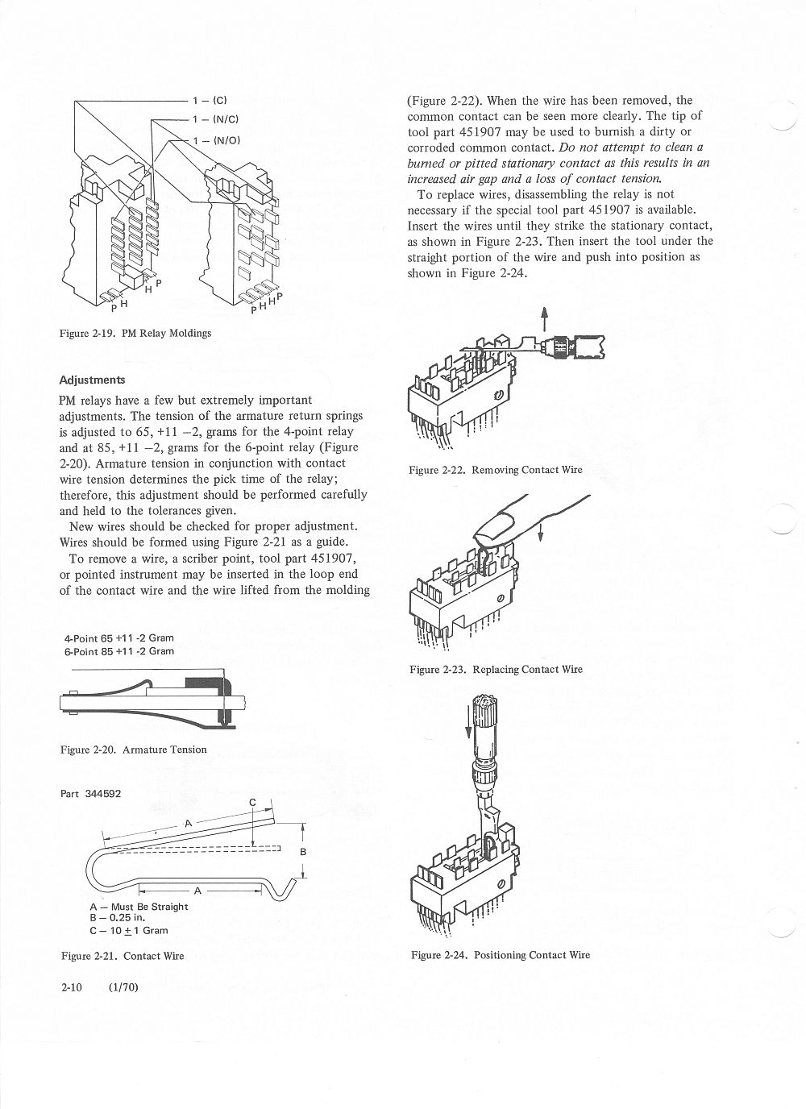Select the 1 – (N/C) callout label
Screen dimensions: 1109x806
[214, 119]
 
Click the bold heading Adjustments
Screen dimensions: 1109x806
[93, 379]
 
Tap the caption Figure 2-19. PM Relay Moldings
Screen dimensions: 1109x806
[135, 333]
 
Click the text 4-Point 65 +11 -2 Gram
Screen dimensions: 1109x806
[119, 638]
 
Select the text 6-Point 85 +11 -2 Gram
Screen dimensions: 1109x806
[119, 650]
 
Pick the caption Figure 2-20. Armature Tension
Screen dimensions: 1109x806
[133, 750]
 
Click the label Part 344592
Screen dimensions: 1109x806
[91, 793]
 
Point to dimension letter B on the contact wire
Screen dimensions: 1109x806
[303, 852]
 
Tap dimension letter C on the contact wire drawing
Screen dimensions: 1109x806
[252, 802]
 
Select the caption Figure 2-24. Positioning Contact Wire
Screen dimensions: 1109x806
[500, 955]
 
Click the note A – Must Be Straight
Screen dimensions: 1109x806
[139, 906]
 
